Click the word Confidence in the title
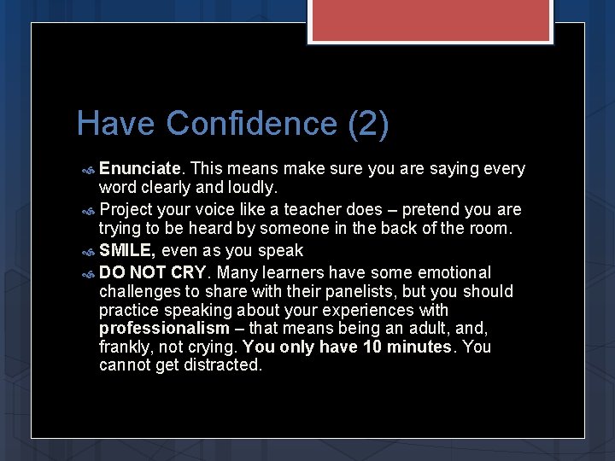[253, 124]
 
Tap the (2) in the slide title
[368, 124]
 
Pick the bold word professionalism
[164, 329]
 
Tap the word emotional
[454, 273]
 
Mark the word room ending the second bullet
[490, 229]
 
